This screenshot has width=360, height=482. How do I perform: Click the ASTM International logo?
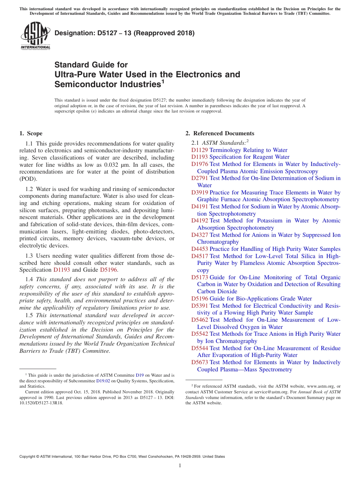(35, 36)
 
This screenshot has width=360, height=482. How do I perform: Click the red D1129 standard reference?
(199, 150)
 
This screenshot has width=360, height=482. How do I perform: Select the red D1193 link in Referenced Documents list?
(199, 157)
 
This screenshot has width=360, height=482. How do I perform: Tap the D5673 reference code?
(199, 362)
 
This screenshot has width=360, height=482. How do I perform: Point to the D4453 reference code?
(199, 249)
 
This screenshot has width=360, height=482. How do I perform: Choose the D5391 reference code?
(199, 306)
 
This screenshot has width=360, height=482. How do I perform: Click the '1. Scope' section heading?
(31, 133)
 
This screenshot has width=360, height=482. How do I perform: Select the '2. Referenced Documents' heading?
(220, 133)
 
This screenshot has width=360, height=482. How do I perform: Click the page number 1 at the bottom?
(180, 466)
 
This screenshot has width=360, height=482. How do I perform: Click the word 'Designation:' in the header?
(73, 33)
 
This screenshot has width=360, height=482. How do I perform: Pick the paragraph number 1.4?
(30, 280)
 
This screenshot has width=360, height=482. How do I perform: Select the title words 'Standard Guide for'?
(91, 65)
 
